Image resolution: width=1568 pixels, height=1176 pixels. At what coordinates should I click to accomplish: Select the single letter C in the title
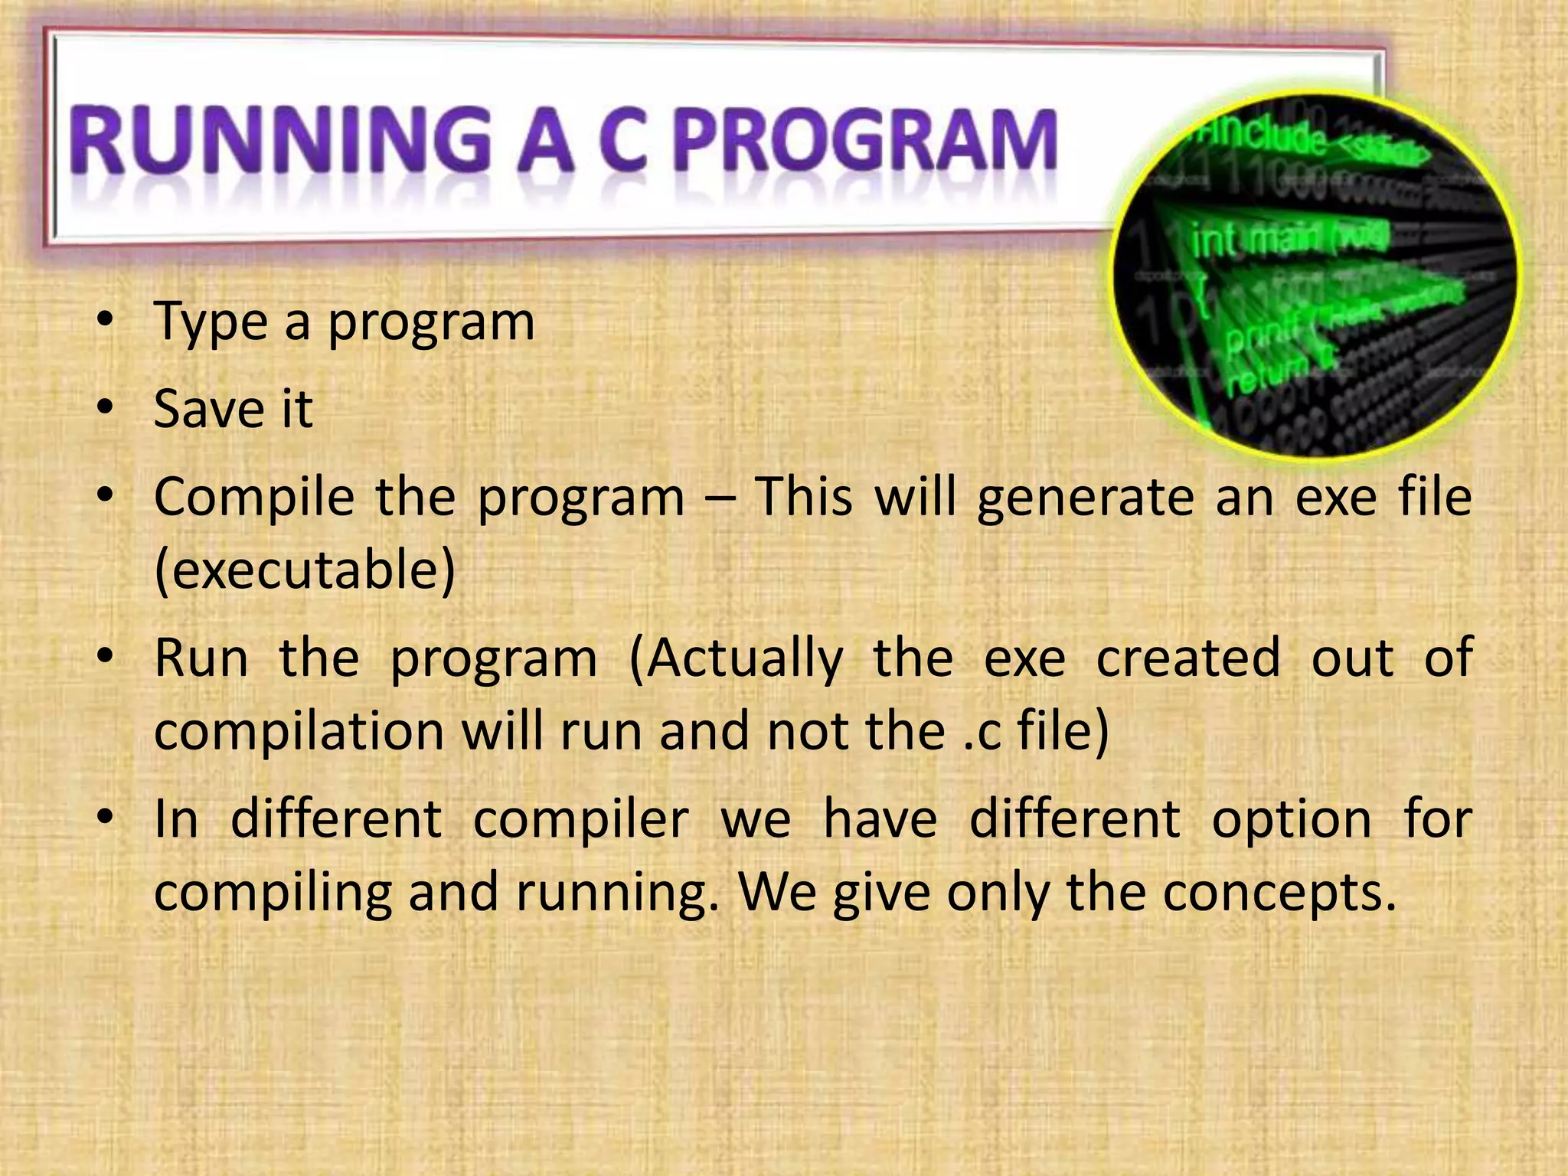pyautogui.click(x=623, y=142)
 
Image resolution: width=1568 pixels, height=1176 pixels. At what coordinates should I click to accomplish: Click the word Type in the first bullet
pyautogui.click(x=211, y=322)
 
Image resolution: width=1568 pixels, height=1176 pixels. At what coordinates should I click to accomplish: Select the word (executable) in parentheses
pyautogui.click(x=305, y=570)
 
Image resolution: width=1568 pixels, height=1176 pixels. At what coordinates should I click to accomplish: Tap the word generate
pyautogui.click(x=1086, y=498)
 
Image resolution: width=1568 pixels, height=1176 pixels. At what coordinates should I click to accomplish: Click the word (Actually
pyautogui.click(x=735, y=659)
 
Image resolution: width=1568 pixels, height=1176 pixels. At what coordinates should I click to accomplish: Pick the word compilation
pyautogui.click(x=299, y=731)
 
